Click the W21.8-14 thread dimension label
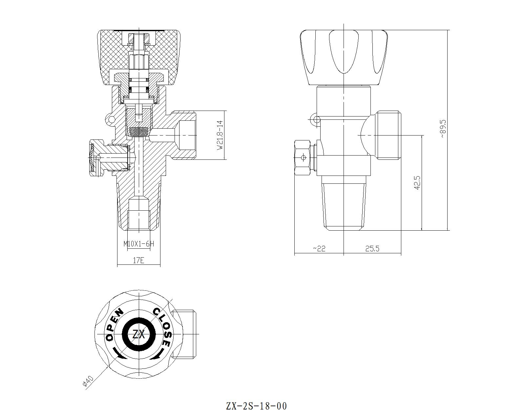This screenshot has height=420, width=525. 220,135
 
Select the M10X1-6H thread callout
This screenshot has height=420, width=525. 138,244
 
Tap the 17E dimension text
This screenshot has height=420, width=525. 138,260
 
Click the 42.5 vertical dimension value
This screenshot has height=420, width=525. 417,182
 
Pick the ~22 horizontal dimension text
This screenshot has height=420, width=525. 319,249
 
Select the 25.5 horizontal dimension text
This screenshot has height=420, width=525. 372,249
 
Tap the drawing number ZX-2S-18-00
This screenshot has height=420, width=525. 256,406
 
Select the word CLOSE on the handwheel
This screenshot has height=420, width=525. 163,326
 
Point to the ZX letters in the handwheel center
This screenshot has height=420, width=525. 138,335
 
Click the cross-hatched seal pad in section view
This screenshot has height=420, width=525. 139,132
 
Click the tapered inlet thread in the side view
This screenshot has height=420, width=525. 344,205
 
